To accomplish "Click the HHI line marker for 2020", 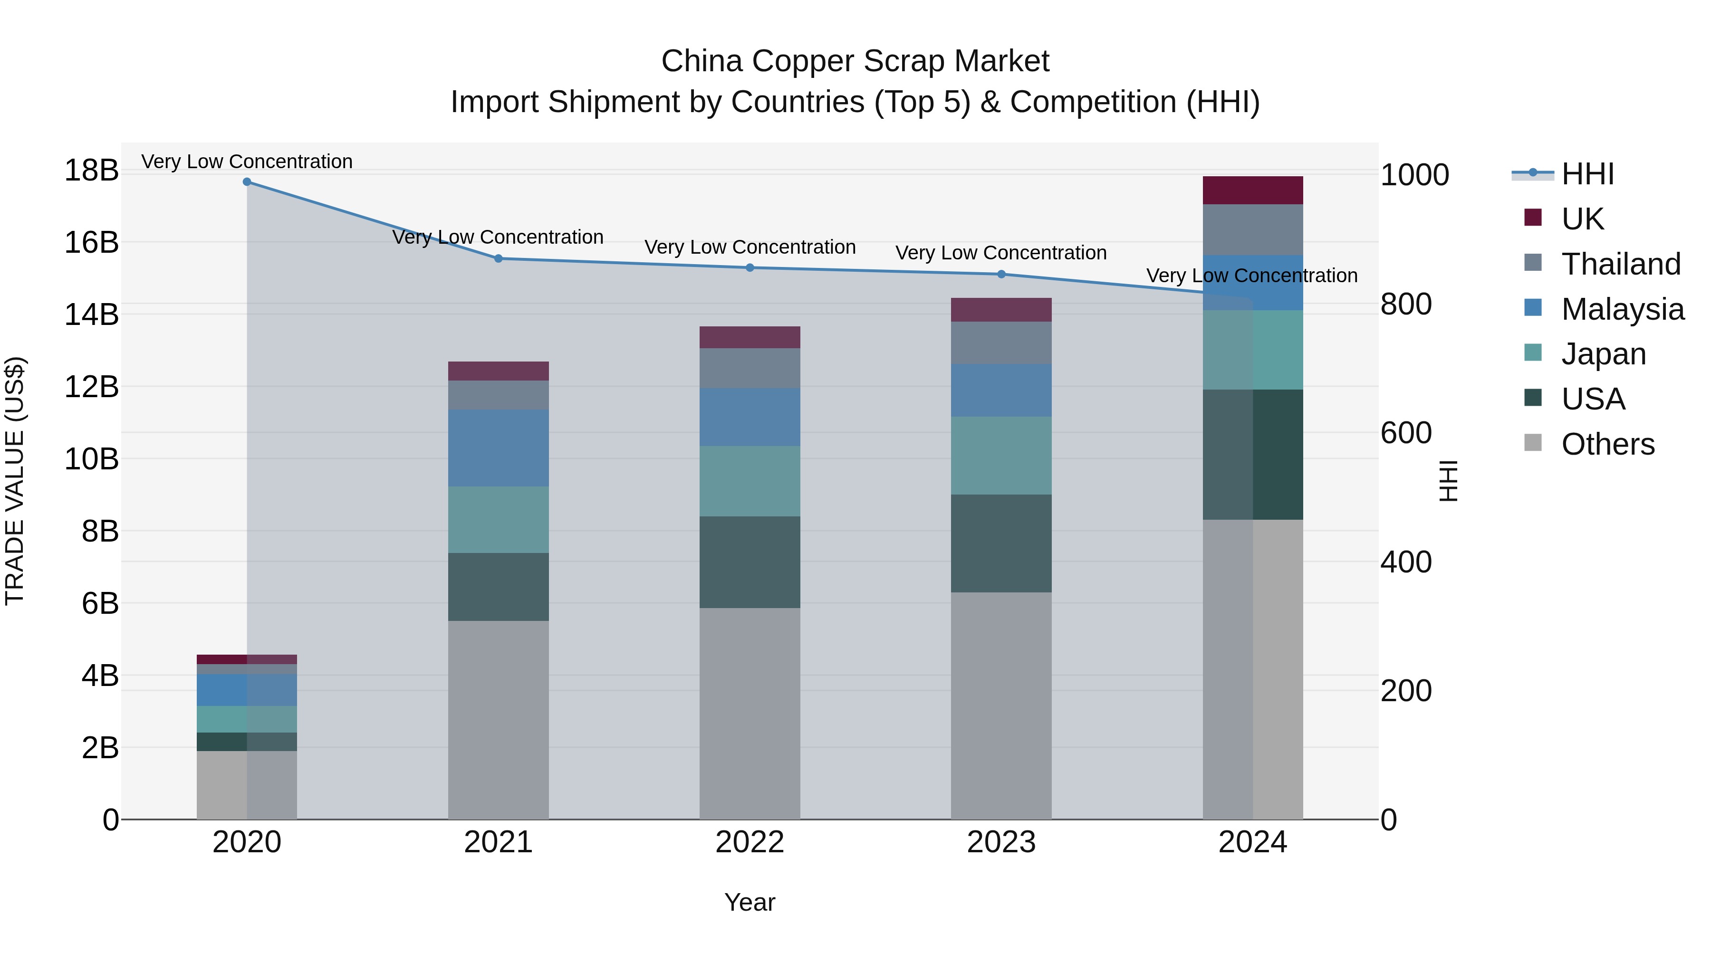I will (x=247, y=182).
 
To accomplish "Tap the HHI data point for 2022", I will (x=750, y=267).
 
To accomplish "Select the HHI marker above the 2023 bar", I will (x=1001, y=274).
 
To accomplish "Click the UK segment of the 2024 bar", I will (x=1253, y=190).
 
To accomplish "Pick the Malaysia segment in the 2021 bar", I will (x=498, y=448).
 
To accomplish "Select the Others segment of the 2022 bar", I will (x=750, y=714).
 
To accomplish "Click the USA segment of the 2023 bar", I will (x=1001, y=543).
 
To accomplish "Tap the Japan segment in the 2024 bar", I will (x=1253, y=350).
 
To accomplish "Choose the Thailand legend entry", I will (x=1620, y=264).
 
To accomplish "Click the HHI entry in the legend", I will (x=1587, y=174).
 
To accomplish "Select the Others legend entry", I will (x=1607, y=444).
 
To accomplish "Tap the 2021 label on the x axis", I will (x=498, y=842).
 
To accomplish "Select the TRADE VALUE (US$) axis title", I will (x=15, y=481).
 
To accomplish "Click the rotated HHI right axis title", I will (x=1449, y=481).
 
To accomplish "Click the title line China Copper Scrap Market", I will (x=855, y=61).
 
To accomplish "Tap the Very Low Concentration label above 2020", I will (x=247, y=162).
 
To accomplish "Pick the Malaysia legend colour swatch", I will (x=1533, y=308).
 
